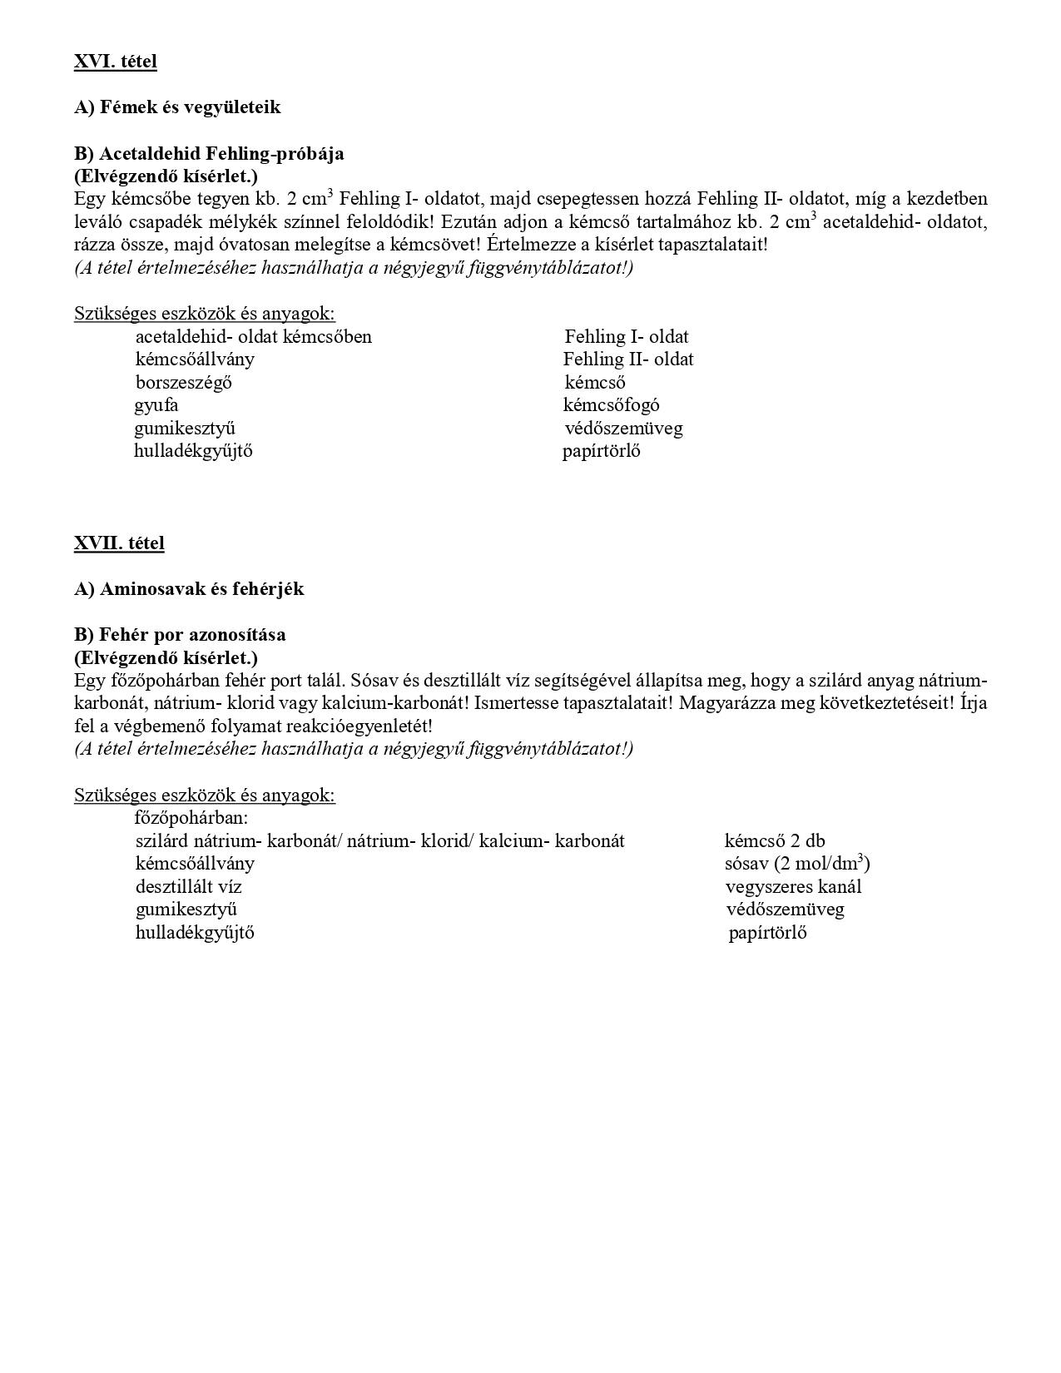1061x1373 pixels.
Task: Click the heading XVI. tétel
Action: click(115, 61)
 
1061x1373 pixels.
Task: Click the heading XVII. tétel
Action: click(119, 543)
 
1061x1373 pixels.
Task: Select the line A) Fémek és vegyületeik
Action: click(177, 107)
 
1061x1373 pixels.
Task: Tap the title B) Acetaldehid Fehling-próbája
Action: click(209, 153)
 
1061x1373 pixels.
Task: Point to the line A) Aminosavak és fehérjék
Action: click(189, 589)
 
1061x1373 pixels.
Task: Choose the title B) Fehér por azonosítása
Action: click(180, 634)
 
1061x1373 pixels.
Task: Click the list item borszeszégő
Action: click(184, 383)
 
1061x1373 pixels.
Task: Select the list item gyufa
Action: click(156, 405)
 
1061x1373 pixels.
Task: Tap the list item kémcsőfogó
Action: click(612, 405)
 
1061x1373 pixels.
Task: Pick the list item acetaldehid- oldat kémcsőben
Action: click(254, 337)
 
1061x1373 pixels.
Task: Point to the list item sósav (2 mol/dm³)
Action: click(797, 864)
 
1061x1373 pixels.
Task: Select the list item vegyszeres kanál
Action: click(793, 887)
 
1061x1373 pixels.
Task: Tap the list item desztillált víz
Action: click(189, 887)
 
